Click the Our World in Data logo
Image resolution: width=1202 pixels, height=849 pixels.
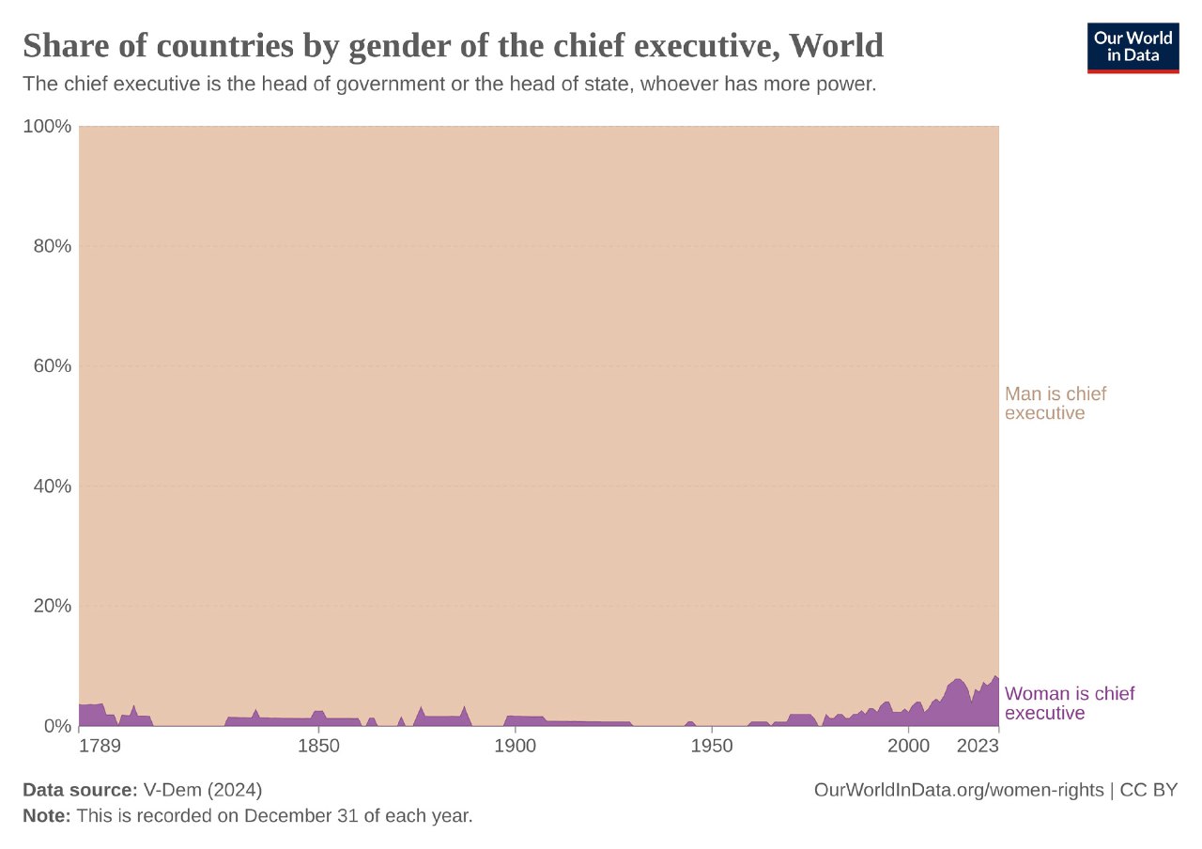click(1133, 47)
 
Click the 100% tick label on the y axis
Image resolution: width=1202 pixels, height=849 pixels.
click(47, 126)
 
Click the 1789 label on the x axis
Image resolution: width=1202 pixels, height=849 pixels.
click(100, 748)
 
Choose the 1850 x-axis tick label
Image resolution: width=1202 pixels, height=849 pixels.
click(318, 748)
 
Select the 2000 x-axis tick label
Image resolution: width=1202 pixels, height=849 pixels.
click(908, 748)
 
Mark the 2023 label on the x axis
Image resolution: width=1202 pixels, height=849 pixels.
click(977, 748)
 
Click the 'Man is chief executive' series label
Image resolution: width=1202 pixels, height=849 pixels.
click(1056, 403)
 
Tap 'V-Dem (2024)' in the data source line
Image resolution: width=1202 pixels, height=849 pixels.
click(203, 790)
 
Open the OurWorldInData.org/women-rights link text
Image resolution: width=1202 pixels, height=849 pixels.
click(959, 790)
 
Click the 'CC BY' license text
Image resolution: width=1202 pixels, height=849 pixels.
click(1148, 790)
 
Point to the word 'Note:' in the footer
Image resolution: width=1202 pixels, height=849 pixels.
click(47, 816)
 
